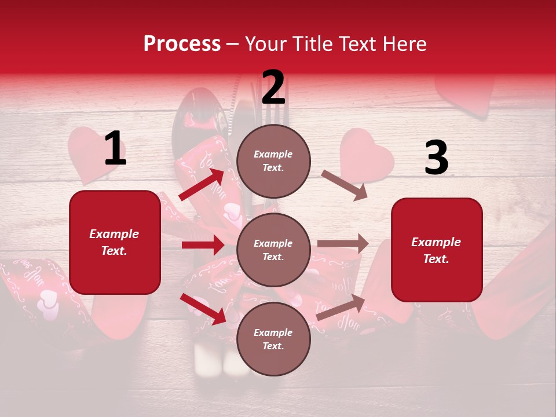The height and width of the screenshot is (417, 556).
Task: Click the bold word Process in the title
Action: [182, 44]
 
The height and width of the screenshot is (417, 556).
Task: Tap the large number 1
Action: [115, 149]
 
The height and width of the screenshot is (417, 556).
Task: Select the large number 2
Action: [273, 87]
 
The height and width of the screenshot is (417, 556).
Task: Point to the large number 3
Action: [436, 159]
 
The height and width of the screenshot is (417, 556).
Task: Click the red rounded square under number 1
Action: [115, 242]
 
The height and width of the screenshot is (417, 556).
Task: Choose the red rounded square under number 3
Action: [437, 250]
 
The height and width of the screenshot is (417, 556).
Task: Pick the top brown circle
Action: [273, 161]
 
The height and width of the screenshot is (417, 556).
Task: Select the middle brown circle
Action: [273, 250]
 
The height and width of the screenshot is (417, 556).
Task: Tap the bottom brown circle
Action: [273, 339]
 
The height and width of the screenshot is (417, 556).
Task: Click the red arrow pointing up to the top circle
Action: [202, 185]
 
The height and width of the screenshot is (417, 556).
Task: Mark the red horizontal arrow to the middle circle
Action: [203, 245]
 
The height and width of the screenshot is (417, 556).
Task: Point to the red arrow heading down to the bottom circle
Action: [203, 309]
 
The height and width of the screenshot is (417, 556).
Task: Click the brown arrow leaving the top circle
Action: [345, 185]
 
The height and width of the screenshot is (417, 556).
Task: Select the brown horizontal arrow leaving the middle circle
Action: [343, 244]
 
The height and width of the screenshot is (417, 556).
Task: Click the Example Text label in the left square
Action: [114, 242]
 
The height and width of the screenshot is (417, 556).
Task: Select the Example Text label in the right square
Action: [436, 250]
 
